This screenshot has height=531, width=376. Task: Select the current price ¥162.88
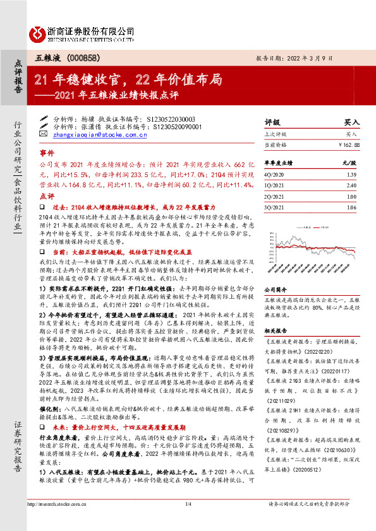coord(348,145)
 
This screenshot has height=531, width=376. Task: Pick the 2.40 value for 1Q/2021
coord(352,185)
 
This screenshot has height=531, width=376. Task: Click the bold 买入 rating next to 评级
coord(351,122)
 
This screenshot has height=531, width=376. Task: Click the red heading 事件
coord(47,153)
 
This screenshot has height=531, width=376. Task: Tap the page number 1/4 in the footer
coord(188,522)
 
